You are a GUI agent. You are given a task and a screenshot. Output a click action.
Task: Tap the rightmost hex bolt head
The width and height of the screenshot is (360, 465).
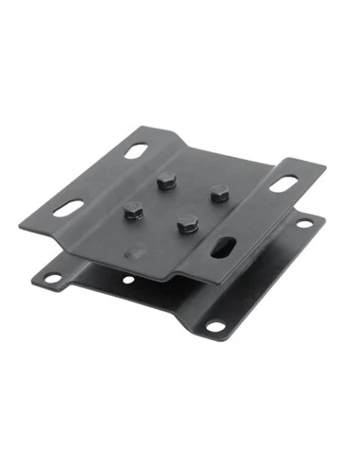[218, 192]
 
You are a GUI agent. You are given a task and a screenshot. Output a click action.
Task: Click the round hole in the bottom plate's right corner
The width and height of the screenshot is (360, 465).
[304, 224]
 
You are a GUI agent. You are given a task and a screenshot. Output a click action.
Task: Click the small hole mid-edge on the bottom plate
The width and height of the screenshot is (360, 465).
[128, 281]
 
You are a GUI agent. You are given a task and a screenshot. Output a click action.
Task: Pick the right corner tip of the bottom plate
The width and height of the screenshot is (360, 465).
[324, 219]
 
